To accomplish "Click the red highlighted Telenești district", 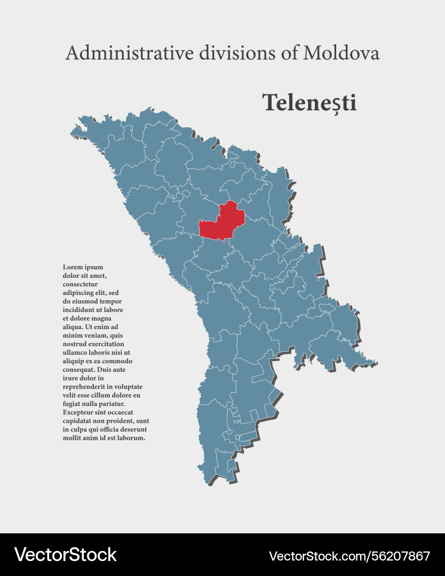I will click(x=221, y=223).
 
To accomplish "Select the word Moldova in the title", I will click(x=341, y=53).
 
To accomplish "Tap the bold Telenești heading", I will click(x=309, y=102).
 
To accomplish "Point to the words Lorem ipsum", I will click(x=83, y=267).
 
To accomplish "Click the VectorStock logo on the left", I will click(x=65, y=555).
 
